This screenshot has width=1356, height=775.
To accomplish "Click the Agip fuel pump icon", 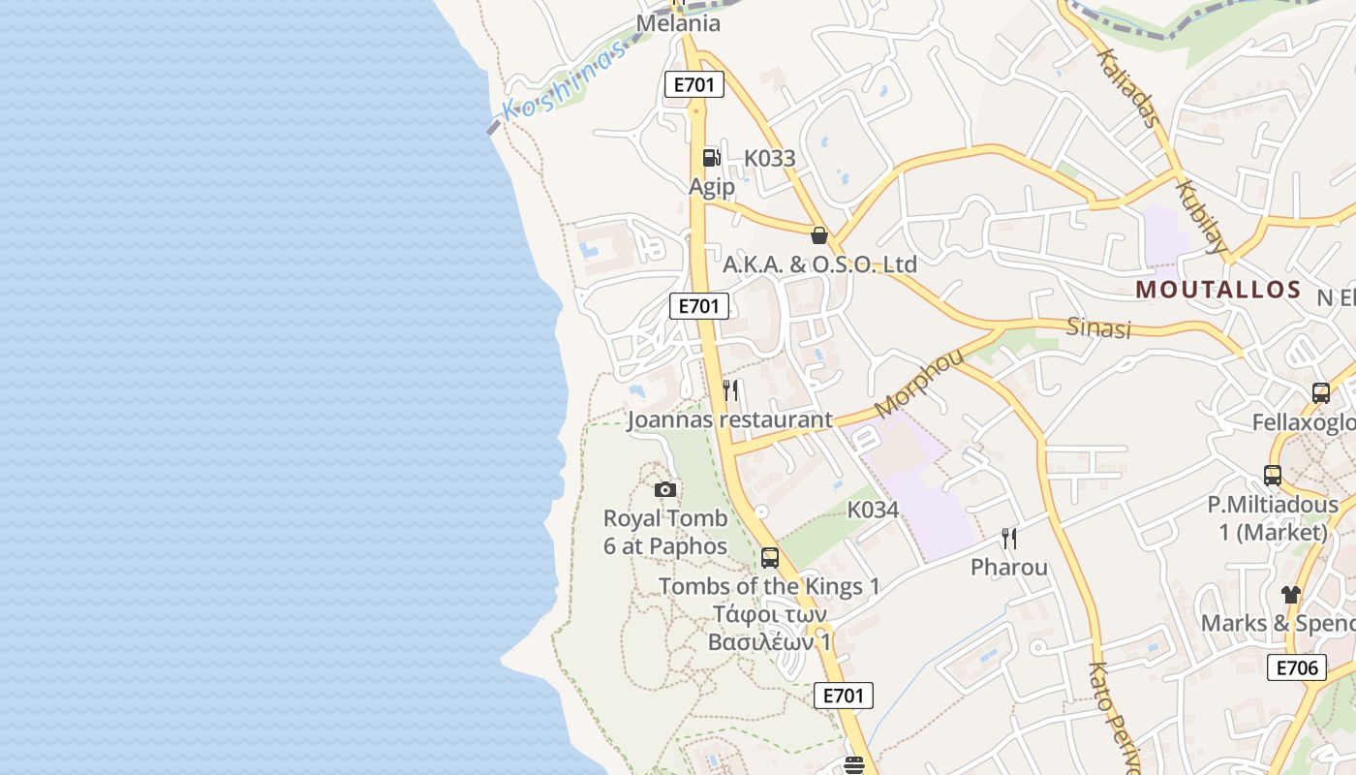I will click(711, 158).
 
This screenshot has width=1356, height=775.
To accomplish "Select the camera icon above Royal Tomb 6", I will click(664, 489).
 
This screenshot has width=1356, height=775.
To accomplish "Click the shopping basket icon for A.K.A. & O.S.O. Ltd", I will click(819, 234).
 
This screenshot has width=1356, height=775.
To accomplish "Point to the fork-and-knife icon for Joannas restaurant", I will click(731, 390).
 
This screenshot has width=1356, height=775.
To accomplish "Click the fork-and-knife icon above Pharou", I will click(1008, 538).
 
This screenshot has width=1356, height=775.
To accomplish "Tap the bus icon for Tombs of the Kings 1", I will click(770, 557).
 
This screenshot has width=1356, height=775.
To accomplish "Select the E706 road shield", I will click(1296, 666).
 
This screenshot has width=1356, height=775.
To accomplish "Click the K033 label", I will click(769, 158).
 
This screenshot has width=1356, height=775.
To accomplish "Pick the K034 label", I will click(873, 509).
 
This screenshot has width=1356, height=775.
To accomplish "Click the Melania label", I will click(678, 23).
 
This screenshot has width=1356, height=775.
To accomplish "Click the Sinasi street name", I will click(1098, 327).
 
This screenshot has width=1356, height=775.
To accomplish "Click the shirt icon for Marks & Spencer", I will click(1290, 594).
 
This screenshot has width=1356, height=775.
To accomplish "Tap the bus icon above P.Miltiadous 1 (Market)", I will click(1273, 476).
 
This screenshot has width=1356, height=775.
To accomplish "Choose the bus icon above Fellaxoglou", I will click(1321, 392).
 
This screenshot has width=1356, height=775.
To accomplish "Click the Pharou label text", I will click(1009, 567).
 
